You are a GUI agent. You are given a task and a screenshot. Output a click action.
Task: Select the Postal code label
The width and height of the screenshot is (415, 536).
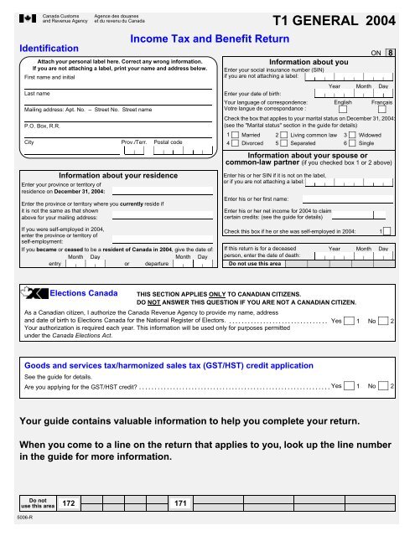[x=169, y=142]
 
